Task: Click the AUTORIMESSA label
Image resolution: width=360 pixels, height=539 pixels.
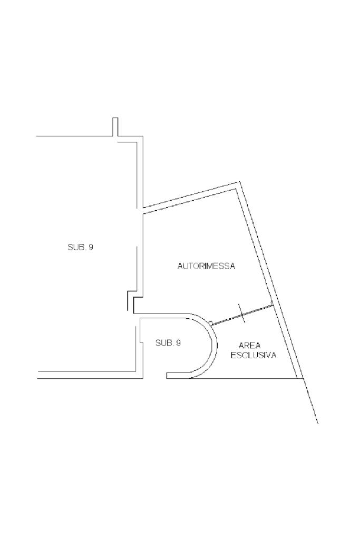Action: pos(206,267)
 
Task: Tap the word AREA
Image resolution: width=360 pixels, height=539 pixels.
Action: pos(250,346)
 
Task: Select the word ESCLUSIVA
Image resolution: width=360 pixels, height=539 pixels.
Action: pos(254,356)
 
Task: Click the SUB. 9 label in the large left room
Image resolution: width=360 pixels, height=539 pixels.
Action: pos(80,247)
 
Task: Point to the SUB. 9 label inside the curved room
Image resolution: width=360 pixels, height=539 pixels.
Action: pos(168,343)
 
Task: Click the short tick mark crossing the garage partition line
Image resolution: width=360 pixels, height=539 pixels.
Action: pos(241,313)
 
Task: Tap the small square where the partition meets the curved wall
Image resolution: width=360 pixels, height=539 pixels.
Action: pos(210,324)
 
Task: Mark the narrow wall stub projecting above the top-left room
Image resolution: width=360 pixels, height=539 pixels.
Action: pos(115,126)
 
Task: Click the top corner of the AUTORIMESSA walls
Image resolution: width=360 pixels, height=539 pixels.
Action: pos(240,183)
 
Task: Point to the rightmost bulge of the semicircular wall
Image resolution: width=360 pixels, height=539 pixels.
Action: pos(216,345)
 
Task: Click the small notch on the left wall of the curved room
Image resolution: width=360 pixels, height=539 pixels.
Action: pos(140,342)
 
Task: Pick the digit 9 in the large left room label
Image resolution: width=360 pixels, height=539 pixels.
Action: pos(91,247)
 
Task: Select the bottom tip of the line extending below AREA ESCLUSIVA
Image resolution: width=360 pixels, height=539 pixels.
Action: pos(317,423)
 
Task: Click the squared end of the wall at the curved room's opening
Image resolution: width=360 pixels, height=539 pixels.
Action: pos(168,375)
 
